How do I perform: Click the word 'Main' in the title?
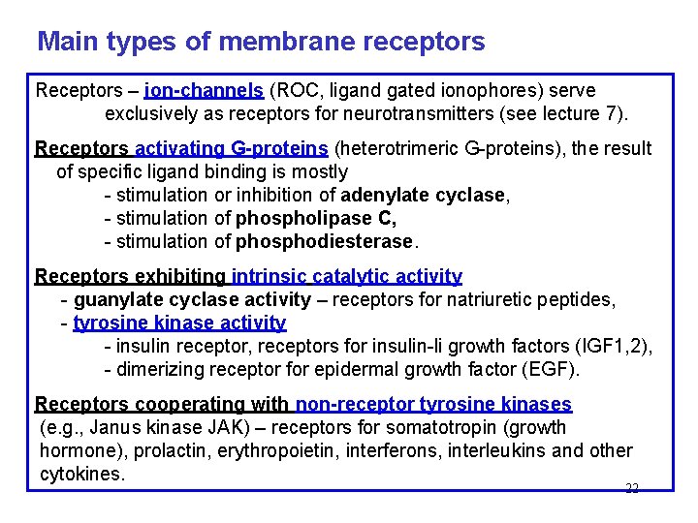(x=65, y=43)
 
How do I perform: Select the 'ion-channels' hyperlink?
(x=204, y=91)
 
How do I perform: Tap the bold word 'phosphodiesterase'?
(x=325, y=241)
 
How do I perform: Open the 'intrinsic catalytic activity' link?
(x=346, y=277)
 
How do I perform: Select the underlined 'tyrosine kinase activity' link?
(x=180, y=323)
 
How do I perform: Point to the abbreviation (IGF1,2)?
(x=615, y=346)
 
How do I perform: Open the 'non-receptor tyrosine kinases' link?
(x=433, y=405)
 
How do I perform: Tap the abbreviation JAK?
(x=205, y=427)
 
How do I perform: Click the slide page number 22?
(x=632, y=488)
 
